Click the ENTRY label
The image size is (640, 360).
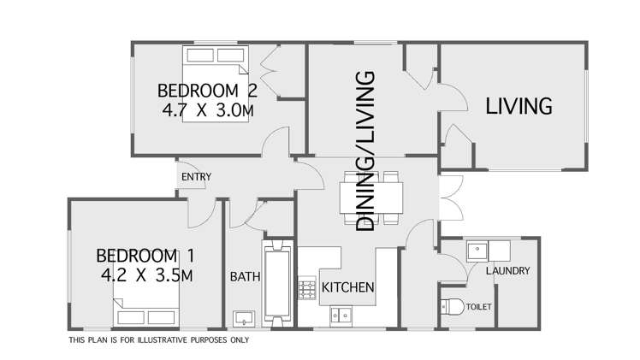pos(196,177)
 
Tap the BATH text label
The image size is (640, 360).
pos(245,277)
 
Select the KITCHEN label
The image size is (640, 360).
pos(347,287)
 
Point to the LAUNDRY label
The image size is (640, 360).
pos(507,271)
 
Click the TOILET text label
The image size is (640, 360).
pos(479,307)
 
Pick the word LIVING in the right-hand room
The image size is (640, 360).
pos(519,106)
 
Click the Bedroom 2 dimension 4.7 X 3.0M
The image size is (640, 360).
pos(208,110)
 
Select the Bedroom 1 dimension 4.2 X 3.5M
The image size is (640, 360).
pos(147,275)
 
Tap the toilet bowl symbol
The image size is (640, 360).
pos(453,307)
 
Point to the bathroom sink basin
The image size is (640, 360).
pos(244,318)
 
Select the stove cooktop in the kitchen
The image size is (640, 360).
pos(306,288)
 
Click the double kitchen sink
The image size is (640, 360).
pos(341,316)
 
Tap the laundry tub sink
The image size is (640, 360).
pos(477,251)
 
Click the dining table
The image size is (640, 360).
pos(371,198)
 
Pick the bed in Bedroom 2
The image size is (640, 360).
pos(215,84)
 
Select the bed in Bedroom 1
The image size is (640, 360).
pos(146,307)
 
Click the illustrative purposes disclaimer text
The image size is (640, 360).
pos(159,340)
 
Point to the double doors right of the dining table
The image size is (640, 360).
pos(452,198)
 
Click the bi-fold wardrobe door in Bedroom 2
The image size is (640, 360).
pos(270,70)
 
